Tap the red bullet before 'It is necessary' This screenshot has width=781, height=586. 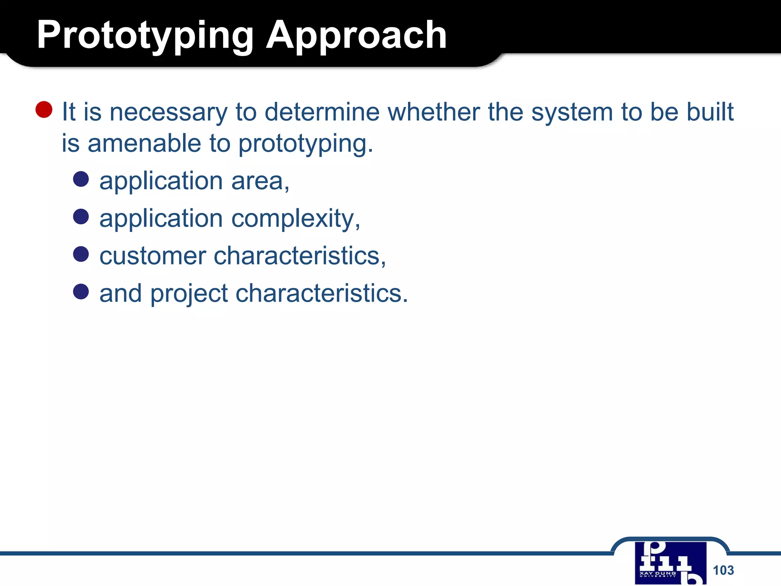coord(44,110)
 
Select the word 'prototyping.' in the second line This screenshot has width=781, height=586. coord(305,144)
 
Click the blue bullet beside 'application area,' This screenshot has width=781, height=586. coord(81,179)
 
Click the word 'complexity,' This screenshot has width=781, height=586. coord(296,219)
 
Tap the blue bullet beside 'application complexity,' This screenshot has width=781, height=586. coord(81,217)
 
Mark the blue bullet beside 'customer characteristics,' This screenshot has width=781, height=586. coord(81,254)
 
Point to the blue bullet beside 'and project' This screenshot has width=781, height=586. coord(81,291)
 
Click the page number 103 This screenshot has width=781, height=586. coord(723,570)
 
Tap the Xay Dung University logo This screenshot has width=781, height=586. coord(670,563)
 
